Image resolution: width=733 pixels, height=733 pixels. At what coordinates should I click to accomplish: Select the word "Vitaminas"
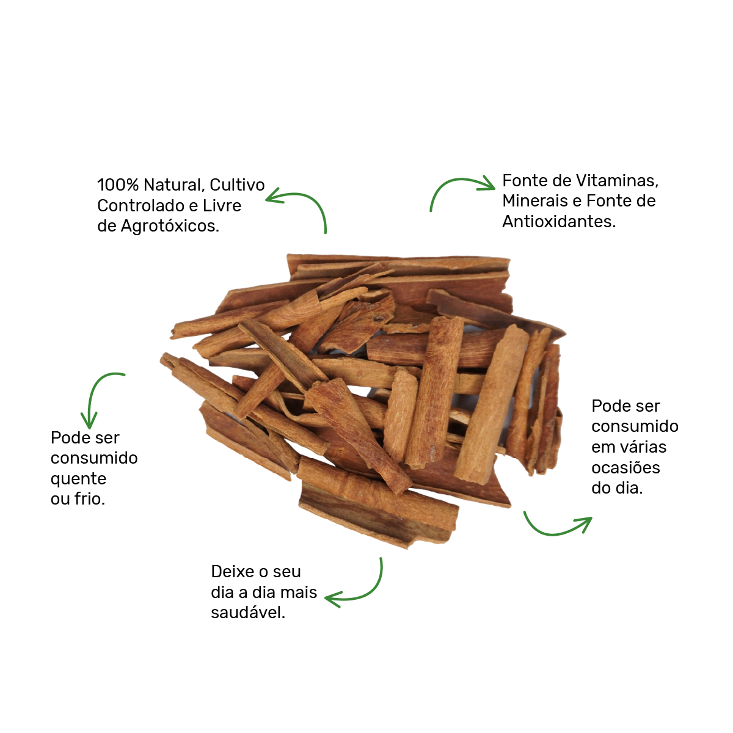pos(618,181)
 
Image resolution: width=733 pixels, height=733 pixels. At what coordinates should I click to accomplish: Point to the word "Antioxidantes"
pos(558,222)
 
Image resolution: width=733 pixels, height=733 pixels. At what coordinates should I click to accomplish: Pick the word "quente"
pos(78,480)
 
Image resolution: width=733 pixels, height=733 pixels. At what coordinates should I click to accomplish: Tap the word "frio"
pos(89,499)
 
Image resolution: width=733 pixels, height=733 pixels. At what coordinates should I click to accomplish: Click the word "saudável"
pos(247,613)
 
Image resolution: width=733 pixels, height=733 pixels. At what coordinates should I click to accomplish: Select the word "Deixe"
pos(232,572)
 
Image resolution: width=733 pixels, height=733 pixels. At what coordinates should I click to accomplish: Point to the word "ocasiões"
pos(625,468)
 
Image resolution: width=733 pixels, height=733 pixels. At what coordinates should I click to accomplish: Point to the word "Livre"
pos(222,206)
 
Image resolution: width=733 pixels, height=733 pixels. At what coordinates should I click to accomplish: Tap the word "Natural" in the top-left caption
pos(173,185)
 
